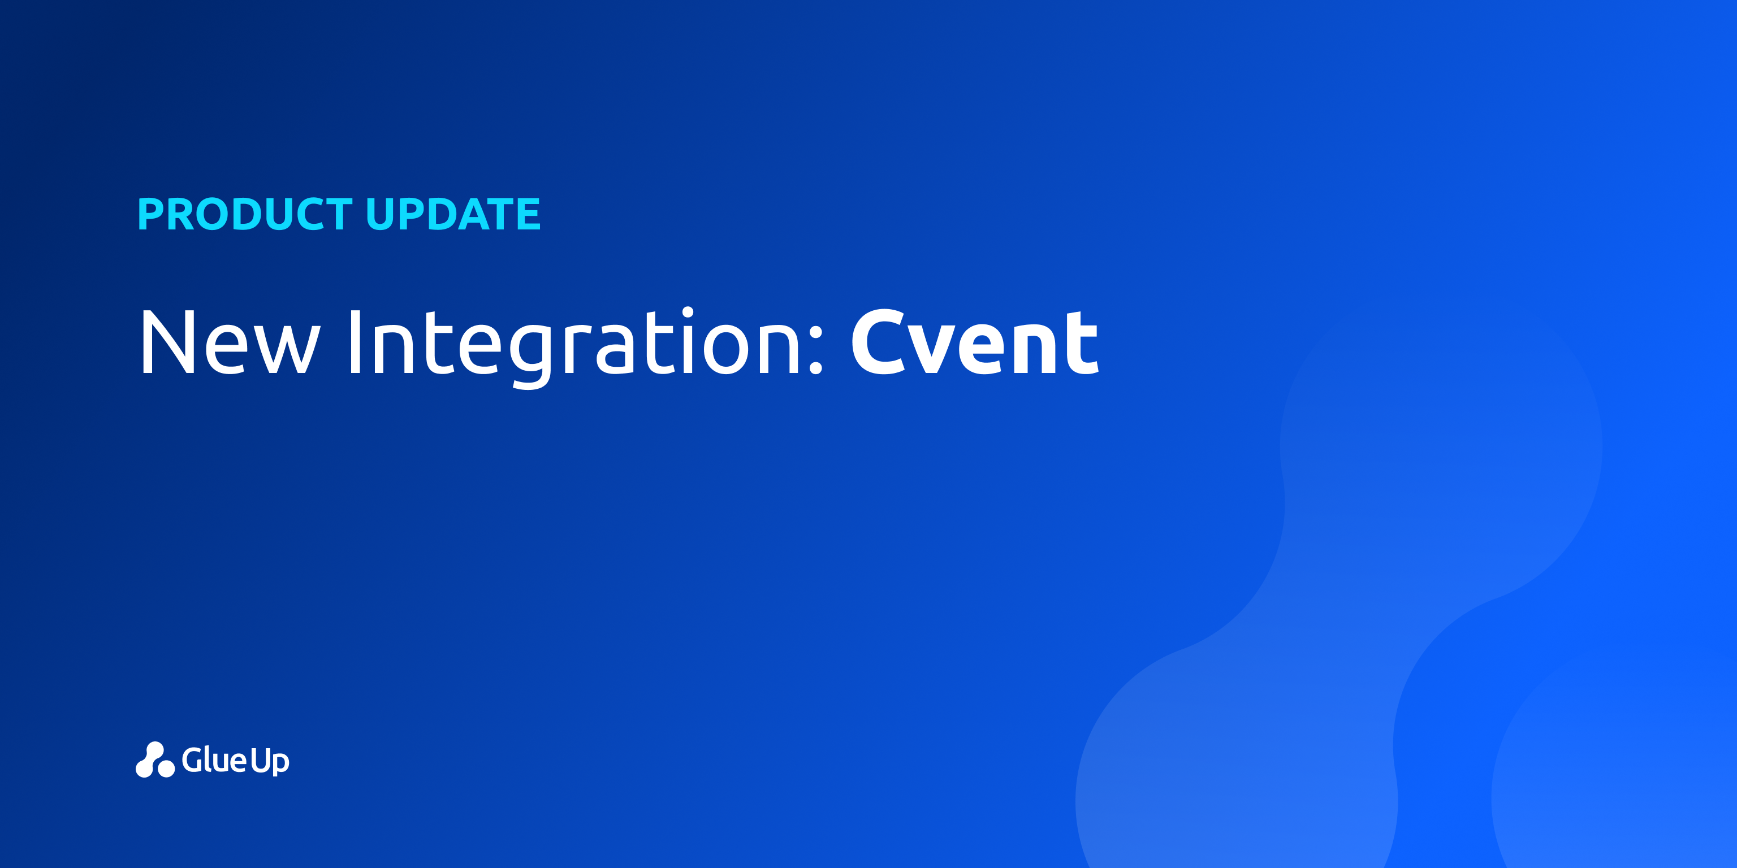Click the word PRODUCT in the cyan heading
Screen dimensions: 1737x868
point(245,214)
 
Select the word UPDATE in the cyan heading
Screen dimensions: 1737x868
point(453,214)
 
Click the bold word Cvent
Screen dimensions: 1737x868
point(975,342)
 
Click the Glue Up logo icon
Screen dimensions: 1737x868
point(155,759)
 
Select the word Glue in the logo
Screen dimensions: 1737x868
point(214,759)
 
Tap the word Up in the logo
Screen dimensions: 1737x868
point(270,762)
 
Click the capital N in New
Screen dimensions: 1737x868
point(168,342)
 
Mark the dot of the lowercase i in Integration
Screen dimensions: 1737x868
point(688,312)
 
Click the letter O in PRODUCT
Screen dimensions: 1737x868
point(217,214)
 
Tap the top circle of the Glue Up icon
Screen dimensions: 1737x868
point(155,749)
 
